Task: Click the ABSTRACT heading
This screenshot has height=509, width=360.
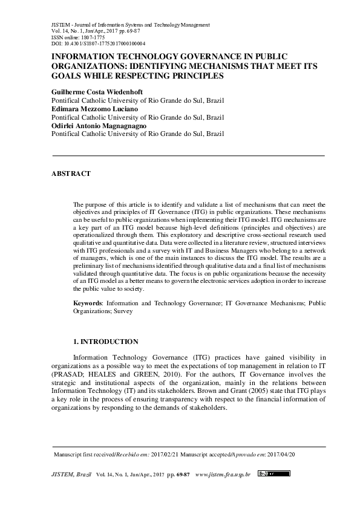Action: point(72,173)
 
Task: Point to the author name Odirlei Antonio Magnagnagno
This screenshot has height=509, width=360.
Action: point(100,127)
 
